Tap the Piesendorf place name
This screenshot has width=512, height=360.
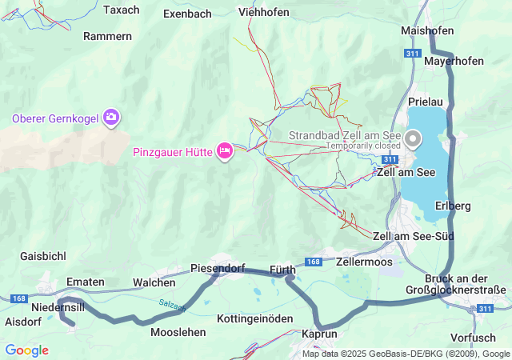pos(218,268)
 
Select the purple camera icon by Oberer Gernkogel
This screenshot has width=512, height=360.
pos(111,118)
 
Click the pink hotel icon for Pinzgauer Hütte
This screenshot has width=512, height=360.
pos(225,150)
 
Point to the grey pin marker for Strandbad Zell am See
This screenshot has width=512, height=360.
pos(414,139)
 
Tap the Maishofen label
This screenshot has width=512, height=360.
pos(427,30)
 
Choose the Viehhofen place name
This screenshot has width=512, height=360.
pos(264,12)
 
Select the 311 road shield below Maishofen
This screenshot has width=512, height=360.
pos(413,53)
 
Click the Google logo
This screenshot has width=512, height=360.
pos(26,350)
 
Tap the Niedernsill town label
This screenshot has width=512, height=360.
pos(58,307)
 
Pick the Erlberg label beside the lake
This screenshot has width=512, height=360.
pos(453,206)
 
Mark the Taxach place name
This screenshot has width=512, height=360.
pos(122,10)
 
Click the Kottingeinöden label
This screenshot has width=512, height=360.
pos(255,318)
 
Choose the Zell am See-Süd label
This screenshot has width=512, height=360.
pos(413,236)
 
